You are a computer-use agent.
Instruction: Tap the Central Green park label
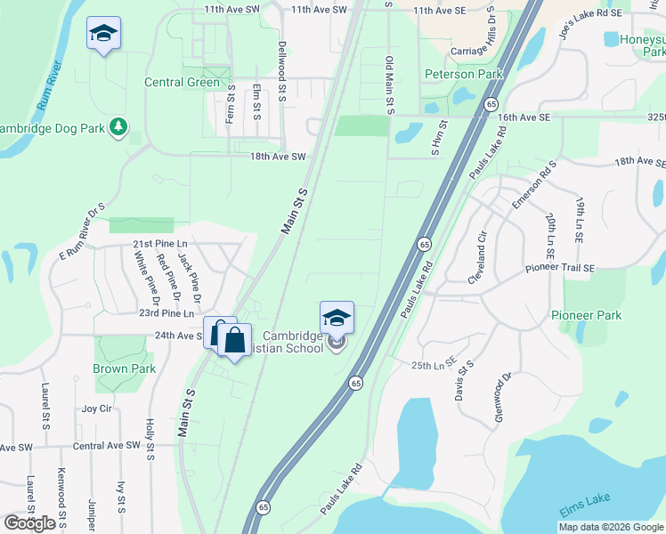[x=182, y=83]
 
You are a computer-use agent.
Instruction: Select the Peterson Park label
[x=459, y=74]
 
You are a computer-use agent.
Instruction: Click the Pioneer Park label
[x=585, y=315]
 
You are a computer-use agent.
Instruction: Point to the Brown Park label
[x=124, y=368]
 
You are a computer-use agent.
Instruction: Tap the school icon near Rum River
[x=104, y=35]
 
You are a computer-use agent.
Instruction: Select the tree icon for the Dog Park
[x=118, y=127]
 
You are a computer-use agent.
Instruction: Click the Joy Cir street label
[x=96, y=409]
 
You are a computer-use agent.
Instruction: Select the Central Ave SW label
[x=107, y=445]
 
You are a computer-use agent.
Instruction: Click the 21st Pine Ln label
[x=160, y=244]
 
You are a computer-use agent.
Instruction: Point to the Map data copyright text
[x=611, y=527]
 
